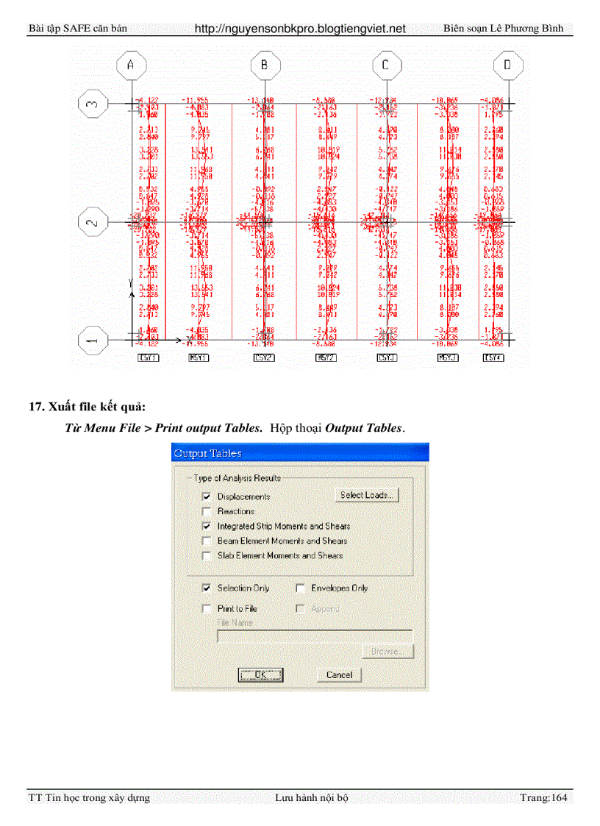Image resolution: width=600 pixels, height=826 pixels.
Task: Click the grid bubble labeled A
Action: click(x=131, y=65)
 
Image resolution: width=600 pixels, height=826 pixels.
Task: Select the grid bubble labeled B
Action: click(x=263, y=65)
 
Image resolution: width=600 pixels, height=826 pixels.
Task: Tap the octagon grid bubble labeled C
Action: click(x=385, y=65)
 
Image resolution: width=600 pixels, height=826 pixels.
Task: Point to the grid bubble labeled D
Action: click(x=507, y=65)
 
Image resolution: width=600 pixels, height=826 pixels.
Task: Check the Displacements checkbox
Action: click(x=207, y=497)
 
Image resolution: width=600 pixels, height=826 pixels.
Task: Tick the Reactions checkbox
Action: click(x=207, y=512)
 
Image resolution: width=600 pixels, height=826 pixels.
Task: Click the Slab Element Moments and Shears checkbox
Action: click(x=207, y=556)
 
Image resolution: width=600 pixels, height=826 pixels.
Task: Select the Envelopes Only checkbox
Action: click(x=300, y=588)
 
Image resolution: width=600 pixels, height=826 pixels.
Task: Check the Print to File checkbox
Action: click(x=207, y=609)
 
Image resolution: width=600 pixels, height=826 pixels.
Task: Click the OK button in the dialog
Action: click(x=260, y=674)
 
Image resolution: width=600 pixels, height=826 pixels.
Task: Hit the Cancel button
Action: click(x=339, y=674)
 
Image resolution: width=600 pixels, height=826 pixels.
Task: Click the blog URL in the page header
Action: click(x=300, y=29)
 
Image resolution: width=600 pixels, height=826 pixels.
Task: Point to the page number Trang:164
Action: click(x=543, y=797)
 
